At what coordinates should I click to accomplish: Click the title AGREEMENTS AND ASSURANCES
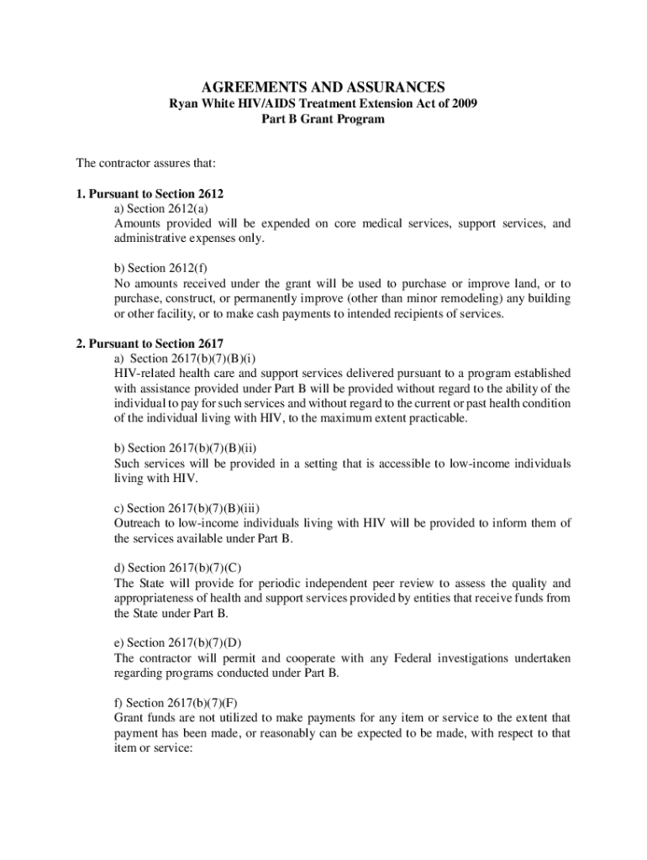click(x=323, y=87)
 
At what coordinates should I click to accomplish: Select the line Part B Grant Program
click(x=323, y=119)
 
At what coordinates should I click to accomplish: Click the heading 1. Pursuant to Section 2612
click(x=150, y=194)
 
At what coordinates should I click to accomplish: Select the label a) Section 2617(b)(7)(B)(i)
click(x=187, y=358)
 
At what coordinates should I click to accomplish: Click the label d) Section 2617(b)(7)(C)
click(x=178, y=567)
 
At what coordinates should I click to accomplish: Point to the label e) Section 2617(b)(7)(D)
click(x=178, y=642)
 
